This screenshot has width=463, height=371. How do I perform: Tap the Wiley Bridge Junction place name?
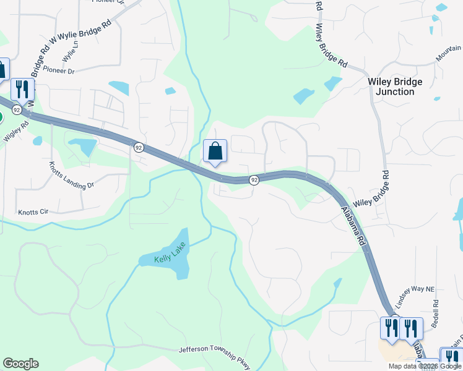[395, 87]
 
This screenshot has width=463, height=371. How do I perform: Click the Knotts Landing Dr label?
[72, 176]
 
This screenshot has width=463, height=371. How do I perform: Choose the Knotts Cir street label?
[33, 211]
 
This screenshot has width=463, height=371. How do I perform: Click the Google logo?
[20, 364]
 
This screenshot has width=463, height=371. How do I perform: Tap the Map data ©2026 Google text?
[425, 366]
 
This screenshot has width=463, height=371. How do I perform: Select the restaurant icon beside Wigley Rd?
[22, 90]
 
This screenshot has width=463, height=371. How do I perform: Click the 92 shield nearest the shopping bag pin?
[254, 180]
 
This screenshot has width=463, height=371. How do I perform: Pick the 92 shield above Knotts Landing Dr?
[139, 147]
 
